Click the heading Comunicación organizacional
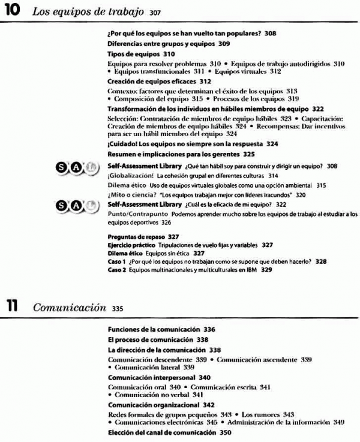click(x=147, y=405)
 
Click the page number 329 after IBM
click(x=266, y=270)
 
